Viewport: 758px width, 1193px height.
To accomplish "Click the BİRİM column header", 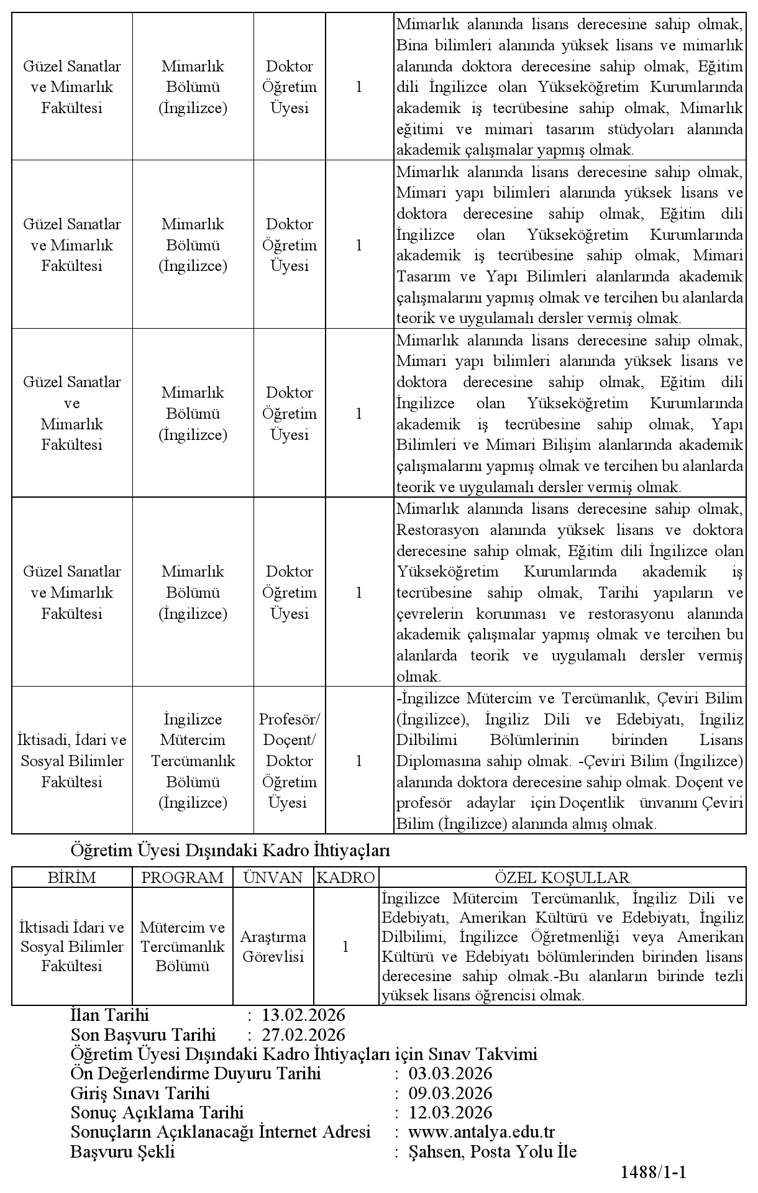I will click(72, 877).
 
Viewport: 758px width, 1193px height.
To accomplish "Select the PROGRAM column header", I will click(183, 877).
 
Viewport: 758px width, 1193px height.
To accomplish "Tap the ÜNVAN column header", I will click(273, 877).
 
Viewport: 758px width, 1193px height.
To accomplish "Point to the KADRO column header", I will click(346, 877).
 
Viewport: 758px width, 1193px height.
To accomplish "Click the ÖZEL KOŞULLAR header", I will click(562, 877).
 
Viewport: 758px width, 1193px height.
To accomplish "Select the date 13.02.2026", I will click(303, 1015).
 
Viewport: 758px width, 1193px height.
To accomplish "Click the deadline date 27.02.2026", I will click(303, 1035).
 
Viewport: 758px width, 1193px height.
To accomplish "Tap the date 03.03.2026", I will click(450, 1073).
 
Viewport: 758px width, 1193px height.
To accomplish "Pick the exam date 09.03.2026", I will click(450, 1093).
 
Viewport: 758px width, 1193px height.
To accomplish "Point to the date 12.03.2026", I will click(450, 1112).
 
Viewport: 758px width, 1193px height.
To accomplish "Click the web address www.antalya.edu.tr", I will click(482, 1132).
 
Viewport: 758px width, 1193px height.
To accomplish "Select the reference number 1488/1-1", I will click(653, 1172).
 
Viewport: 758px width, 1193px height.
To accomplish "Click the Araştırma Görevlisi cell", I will click(273, 946).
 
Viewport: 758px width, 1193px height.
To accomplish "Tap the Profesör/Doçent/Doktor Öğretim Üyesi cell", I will click(290, 761).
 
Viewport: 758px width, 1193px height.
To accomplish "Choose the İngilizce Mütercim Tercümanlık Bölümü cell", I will click(193, 761).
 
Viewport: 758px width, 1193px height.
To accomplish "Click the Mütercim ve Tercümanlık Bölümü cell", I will click(183, 946).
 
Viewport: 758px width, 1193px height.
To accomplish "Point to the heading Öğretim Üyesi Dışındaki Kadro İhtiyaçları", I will click(231, 850).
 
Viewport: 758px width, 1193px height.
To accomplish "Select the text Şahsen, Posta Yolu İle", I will click(492, 1151).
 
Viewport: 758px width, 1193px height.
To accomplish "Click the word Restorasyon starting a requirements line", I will click(437, 530).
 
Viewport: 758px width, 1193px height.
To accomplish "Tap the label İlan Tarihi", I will click(110, 1015).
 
